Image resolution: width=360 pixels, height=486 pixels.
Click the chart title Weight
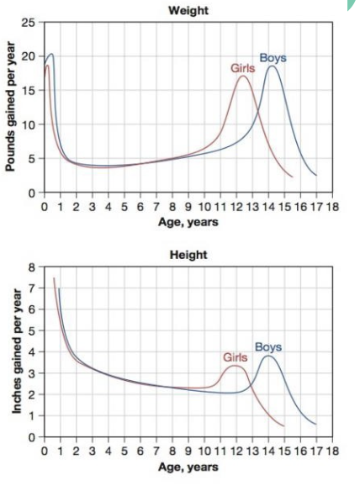point(189,11)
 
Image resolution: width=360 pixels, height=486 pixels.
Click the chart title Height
point(189,255)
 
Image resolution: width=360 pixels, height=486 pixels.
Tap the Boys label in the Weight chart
point(273,57)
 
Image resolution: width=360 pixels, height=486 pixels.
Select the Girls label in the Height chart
point(236,357)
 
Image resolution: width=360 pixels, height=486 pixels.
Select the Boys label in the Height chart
point(268,346)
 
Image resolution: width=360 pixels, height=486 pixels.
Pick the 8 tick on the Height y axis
point(31,267)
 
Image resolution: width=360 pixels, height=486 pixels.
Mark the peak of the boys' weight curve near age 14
point(272,66)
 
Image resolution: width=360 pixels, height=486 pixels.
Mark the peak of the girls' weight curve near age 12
point(243,77)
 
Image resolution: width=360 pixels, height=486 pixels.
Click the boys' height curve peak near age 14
point(269,356)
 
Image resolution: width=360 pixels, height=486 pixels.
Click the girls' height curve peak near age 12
point(236,366)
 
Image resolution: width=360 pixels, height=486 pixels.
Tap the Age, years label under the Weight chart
point(188,222)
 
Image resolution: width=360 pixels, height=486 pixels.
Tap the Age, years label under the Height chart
point(188,466)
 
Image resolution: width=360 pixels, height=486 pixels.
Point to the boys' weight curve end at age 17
point(316,175)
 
